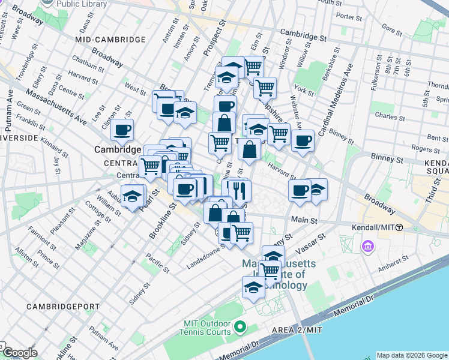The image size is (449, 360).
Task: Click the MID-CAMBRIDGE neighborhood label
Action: tap(110, 40)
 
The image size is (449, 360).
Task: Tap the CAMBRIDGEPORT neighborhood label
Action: tap(63, 306)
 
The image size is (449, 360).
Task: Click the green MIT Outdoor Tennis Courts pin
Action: tap(240, 327)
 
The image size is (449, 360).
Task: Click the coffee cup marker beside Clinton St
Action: tap(122, 130)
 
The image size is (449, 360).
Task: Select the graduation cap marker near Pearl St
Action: tap(132, 196)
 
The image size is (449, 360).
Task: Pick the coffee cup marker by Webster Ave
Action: tap(303, 141)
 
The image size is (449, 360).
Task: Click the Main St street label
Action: tap(304, 221)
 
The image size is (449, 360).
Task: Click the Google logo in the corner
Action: tap(20, 353)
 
